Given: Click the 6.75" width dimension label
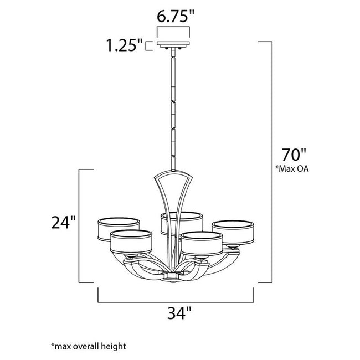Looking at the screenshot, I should click(174, 17).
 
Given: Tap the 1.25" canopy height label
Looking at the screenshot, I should click(125, 45).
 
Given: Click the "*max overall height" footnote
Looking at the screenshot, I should click(89, 346).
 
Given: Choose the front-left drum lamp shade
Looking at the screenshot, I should click(131, 241).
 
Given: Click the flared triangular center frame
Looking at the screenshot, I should click(173, 194).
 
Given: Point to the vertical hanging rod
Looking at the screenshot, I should click(173, 111).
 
